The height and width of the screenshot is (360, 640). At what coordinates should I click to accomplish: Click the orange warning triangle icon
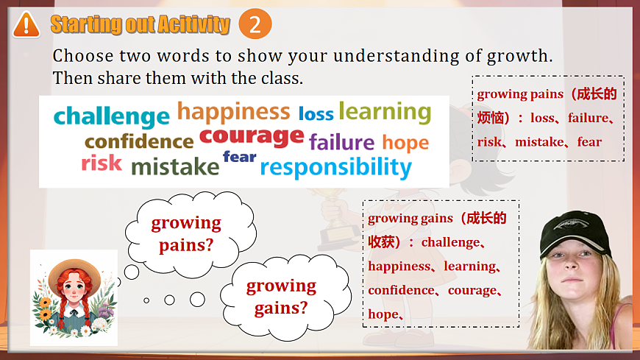tap(26, 24)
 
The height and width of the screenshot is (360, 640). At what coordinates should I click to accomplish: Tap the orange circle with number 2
tap(255, 24)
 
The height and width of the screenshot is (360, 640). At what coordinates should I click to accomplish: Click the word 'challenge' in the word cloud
tap(112, 116)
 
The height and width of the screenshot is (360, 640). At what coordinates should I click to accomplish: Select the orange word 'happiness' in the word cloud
tap(233, 112)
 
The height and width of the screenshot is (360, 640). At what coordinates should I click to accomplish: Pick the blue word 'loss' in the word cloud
tap(316, 113)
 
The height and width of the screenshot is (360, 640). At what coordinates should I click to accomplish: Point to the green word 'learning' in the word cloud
tap(385, 112)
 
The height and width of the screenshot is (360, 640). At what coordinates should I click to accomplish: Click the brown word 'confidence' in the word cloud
tap(139, 141)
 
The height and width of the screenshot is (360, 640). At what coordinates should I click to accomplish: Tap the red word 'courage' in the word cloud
tap(252, 136)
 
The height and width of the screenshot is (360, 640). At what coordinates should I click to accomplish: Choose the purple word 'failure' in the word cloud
tap(341, 141)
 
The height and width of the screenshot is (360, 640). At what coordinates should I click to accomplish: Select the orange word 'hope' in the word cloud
tap(405, 142)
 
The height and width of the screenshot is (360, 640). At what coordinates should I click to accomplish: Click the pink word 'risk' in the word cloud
tap(102, 163)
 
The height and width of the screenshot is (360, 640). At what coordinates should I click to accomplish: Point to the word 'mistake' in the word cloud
tap(175, 167)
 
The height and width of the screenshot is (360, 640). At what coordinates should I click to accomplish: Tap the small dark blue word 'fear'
tap(239, 156)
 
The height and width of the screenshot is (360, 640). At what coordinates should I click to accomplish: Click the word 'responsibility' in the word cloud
tap(335, 167)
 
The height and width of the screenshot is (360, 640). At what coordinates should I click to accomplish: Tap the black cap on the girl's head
tap(577, 233)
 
